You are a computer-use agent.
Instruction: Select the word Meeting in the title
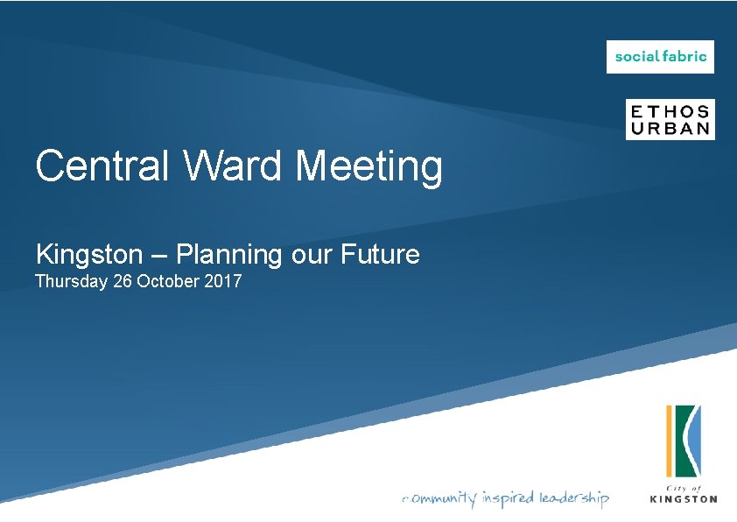(x=368, y=166)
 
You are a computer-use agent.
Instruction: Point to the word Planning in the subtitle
(x=228, y=256)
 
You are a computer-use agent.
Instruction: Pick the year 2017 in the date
(x=223, y=282)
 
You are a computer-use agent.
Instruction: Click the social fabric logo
(x=660, y=57)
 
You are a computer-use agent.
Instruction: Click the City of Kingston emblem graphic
(x=683, y=442)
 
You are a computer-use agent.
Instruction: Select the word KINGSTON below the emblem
(x=684, y=499)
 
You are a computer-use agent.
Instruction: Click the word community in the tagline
(x=439, y=498)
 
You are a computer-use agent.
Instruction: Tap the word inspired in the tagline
(x=507, y=498)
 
